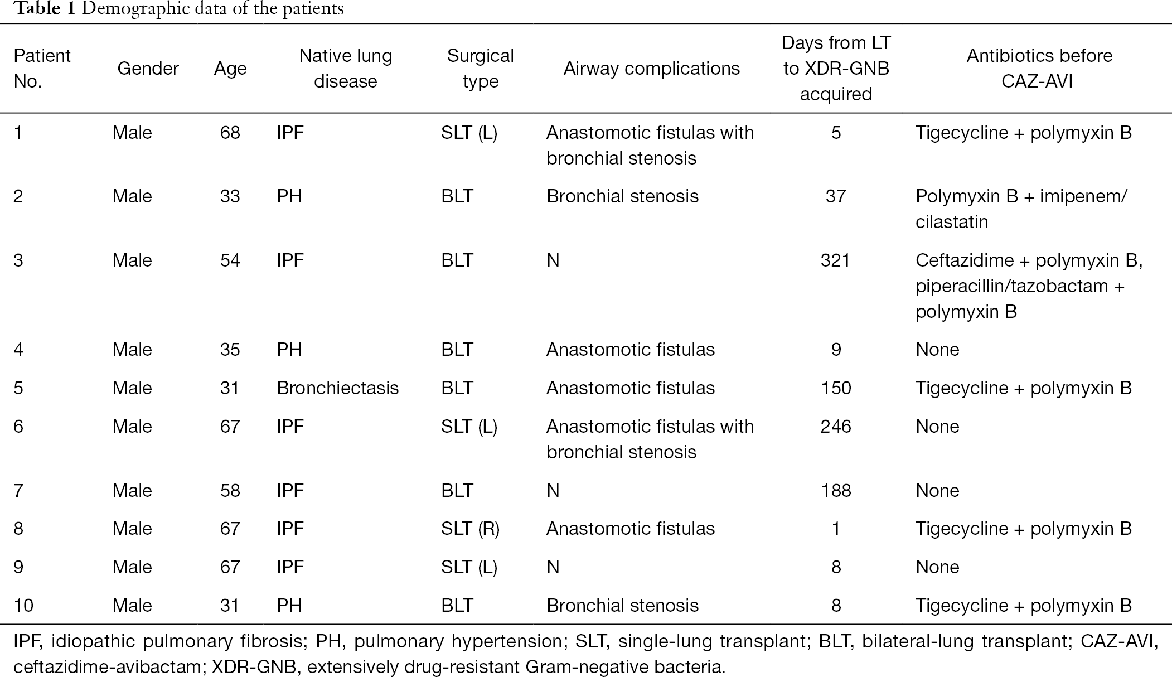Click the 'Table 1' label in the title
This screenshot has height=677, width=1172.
[x=44, y=9]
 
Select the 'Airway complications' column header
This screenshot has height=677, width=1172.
[x=651, y=69]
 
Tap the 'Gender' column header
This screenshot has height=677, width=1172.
[x=148, y=69]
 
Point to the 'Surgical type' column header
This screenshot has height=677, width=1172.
[x=480, y=69]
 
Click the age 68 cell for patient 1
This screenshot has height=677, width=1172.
[x=230, y=133]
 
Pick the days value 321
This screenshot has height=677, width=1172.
[x=835, y=260]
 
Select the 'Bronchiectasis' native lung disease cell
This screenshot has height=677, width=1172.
[x=337, y=388]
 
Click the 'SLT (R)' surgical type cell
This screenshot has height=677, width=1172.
[x=470, y=529]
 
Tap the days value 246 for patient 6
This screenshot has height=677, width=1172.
[x=836, y=427]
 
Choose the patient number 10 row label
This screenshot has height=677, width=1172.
[x=23, y=606]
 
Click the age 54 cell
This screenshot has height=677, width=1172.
[x=230, y=260]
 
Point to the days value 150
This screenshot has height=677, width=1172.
[x=836, y=388]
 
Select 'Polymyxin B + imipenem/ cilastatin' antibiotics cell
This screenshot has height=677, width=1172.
[x=1021, y=209]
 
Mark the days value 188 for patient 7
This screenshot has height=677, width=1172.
[x=836, y=491]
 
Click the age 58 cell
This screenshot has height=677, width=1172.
[x=230, y=491]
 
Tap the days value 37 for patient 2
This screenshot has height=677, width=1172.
[x=836, y=196]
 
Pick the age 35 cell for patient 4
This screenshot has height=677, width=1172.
[x=230, y=350]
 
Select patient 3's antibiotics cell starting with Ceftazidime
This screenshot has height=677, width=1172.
[x=1029, y=286]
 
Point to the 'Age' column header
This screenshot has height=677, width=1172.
[x=230, y=69]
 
